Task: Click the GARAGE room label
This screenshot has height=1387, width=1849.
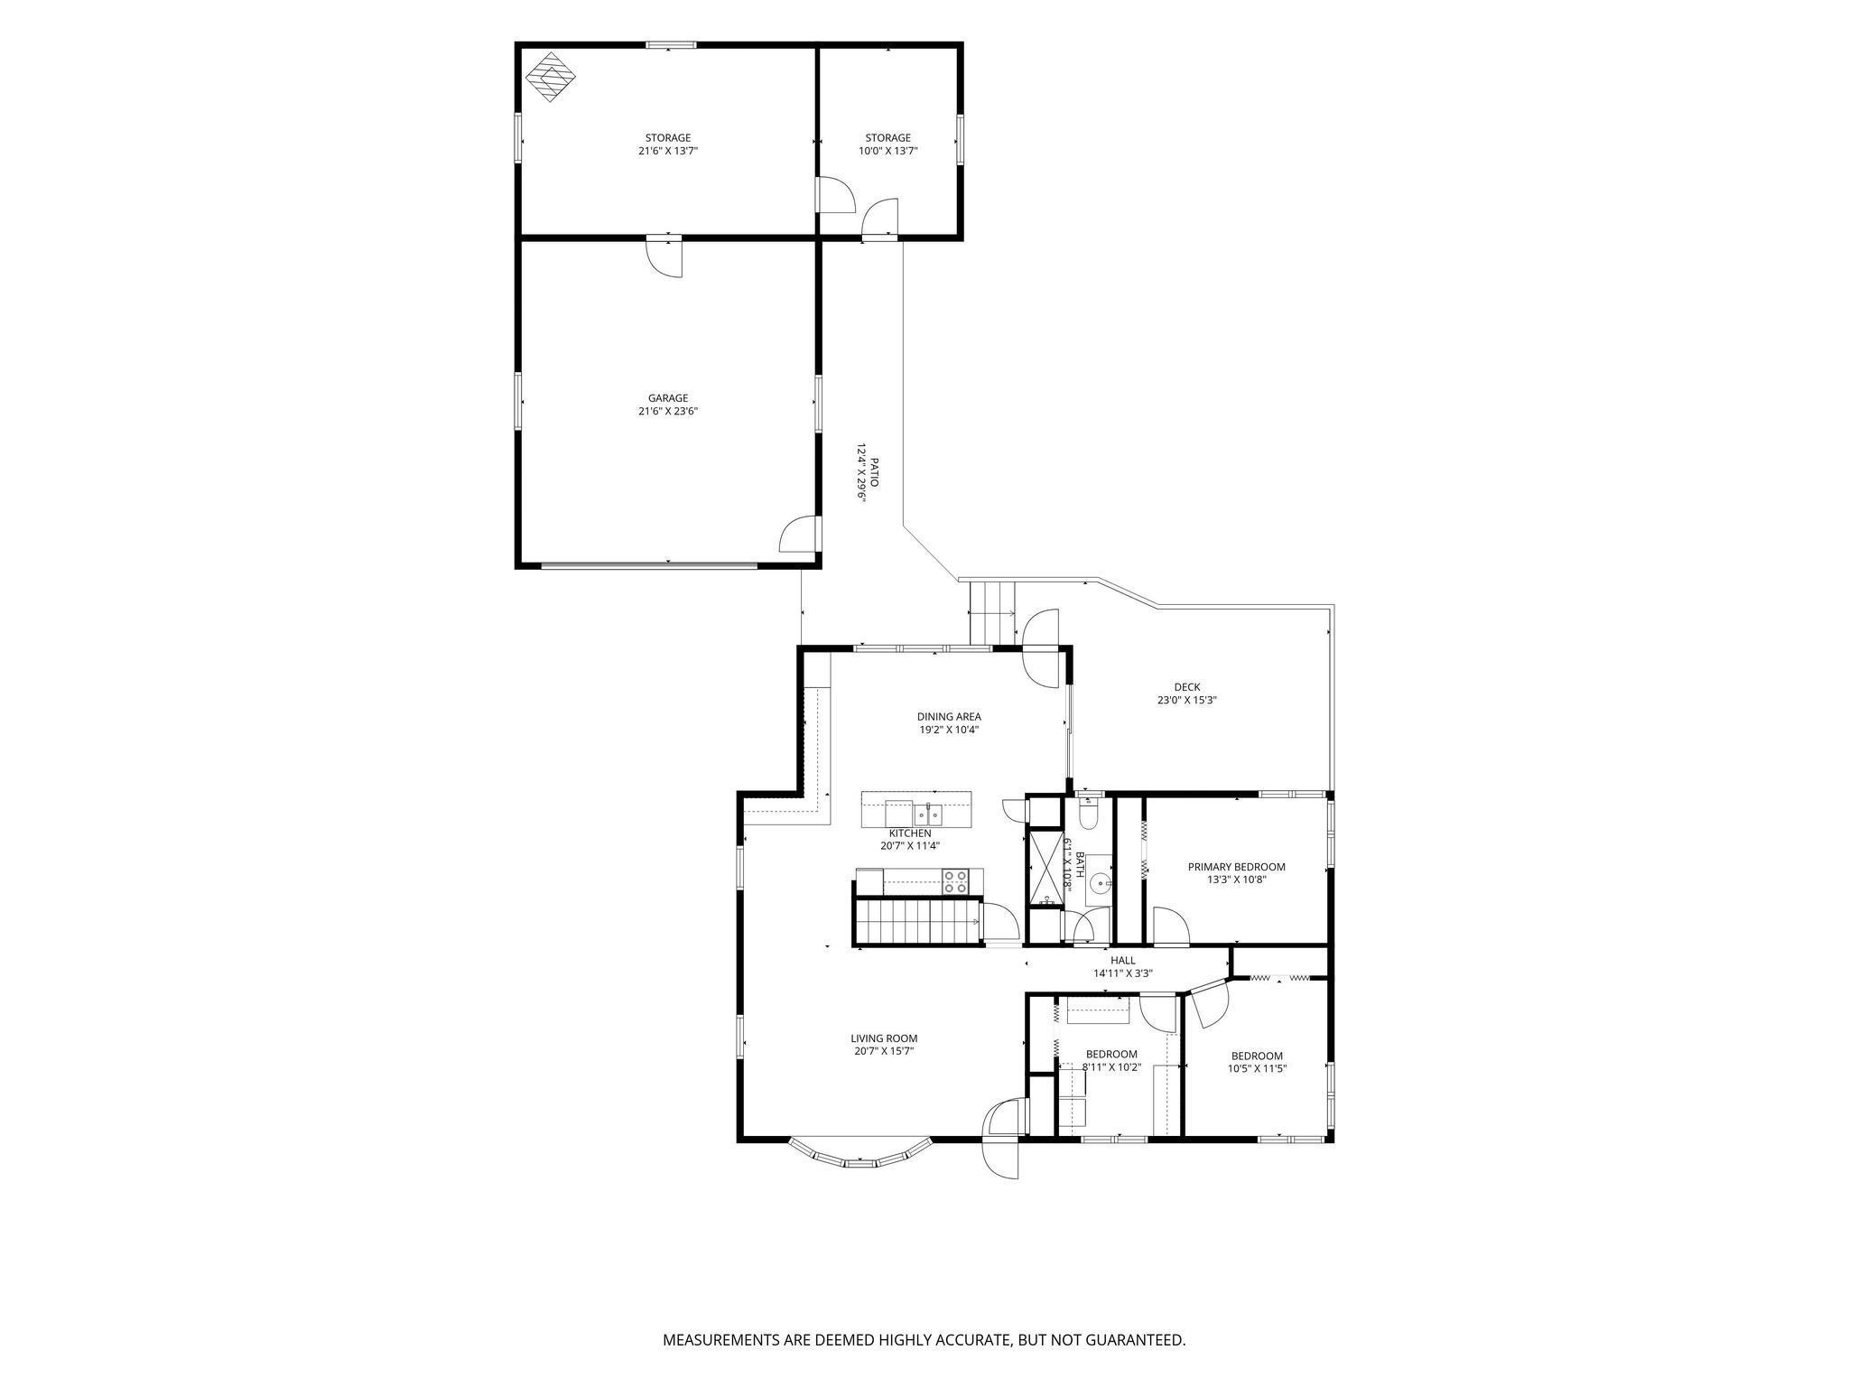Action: pyautogui.click(x=668, y=398)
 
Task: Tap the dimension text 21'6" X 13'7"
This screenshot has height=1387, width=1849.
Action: pyautogui.click(x=668, y=152)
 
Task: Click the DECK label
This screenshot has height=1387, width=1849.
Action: pyautogui.click(x=1187, y=687)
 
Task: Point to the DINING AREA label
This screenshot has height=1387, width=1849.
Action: pyautogui.click(x=949, y=717)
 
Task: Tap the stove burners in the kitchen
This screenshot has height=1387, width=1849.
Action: pyautogui.click(x=956, y=881)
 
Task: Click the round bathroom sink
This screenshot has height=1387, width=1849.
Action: pyautogui.click(x=1099, y=883)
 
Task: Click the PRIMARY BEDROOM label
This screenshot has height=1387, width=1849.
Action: pyautogui.click(x=1236, y=867)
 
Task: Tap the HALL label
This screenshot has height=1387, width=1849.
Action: pyautogui.click(x=1123, y=961)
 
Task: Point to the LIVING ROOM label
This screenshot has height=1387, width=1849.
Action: pyautogui.click(x=884, y=1038)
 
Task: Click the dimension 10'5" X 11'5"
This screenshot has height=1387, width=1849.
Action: pyautogui.click(x=1257, y=1068)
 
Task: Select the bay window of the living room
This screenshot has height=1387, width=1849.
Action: pyautogui.click(x=860, y=1158)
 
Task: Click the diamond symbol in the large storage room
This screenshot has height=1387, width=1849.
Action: pyautogui.click(x=552, y=78)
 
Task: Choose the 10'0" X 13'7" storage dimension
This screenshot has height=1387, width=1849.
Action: pyautogui.click(x=888, y=152)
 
